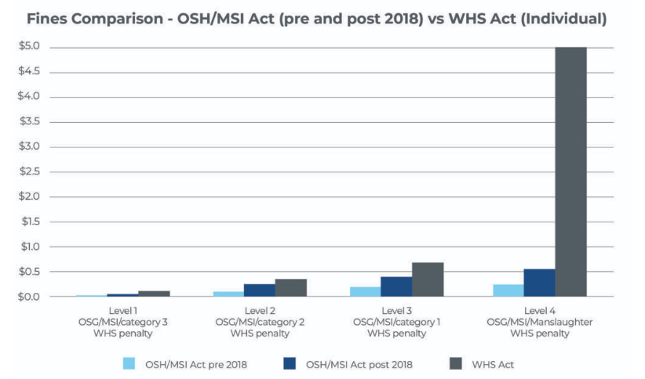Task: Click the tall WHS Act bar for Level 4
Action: tap(570, 171)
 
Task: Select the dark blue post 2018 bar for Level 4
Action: tap(539, 283)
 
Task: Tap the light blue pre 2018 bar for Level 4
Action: tap(508, 290)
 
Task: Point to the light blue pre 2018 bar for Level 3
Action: tap(366, 291)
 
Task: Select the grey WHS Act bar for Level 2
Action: tap(290, 287)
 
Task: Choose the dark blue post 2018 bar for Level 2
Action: tap(259, 290)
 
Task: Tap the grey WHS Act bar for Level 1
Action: tap(154, 294)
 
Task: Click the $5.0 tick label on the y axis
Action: tap(29, 47)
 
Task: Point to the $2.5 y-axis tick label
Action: tap(29, 171)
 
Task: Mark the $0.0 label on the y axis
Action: tap(29, 297)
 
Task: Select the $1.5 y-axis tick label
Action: tap(29, 222)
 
